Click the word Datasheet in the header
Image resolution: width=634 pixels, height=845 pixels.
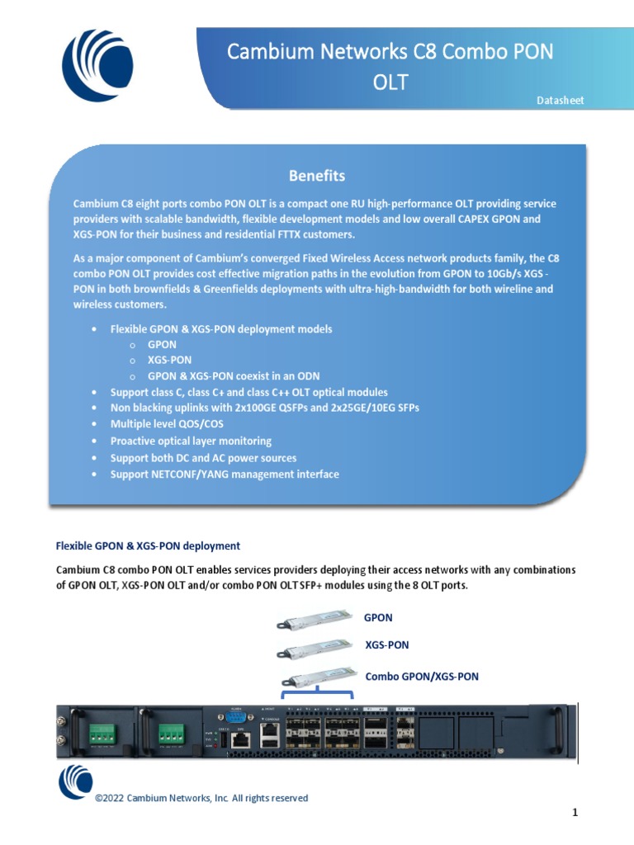560,101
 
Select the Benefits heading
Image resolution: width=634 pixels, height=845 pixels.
316,176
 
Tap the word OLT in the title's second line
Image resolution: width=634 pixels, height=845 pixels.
390,83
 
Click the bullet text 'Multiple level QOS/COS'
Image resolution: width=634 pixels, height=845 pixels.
167,424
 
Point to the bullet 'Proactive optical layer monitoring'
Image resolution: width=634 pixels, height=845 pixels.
191,441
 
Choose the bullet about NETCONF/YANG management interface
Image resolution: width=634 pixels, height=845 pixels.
225,474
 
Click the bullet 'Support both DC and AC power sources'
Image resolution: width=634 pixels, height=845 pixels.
203,458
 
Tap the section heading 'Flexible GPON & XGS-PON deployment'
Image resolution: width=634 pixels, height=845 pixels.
148,545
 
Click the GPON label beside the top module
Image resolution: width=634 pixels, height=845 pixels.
378,617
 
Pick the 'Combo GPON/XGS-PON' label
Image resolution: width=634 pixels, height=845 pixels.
422,677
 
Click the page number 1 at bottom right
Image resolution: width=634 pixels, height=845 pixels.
575,814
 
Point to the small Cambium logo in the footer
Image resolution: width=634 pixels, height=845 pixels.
74,781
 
